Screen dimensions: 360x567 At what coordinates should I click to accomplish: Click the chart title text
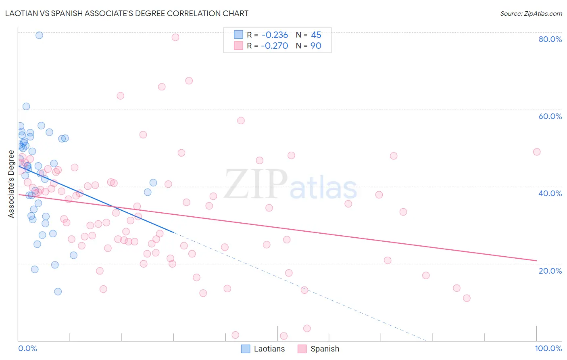(x=127, y=13)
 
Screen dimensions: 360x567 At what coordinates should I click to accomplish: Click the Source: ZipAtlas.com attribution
(x=531, y=13)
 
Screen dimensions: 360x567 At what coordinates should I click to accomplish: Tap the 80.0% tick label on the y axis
(x=550, y=39)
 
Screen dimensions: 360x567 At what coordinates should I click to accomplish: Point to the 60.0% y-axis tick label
(x=550, y=116)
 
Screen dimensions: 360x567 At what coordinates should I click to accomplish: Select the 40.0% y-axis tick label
(x=550, y=193)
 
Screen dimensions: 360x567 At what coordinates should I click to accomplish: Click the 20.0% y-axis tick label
(x=550, y=271)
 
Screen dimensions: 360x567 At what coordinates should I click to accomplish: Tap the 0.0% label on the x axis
(x=27, y=348)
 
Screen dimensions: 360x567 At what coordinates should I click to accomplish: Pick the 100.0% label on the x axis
(x=548, y=348)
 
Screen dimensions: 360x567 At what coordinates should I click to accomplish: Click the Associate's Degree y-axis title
(x=11, y=184)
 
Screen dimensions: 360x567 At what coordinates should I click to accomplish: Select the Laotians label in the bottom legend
(x=269, y=349)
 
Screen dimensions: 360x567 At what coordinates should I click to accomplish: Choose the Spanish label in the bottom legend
(x=325, y=349)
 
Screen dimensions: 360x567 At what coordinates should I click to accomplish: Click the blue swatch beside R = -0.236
(x=239, y=35)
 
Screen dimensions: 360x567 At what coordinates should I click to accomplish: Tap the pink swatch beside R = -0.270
(x=239, y=46)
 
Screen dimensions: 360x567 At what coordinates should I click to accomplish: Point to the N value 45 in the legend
(x=316, y=35)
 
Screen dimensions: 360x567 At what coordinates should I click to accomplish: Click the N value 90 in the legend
(x=316, y=46)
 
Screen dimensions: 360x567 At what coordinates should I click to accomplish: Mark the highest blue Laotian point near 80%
(x=39, y=35)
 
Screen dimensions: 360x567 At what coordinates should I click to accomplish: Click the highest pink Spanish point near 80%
(x=175, y=37)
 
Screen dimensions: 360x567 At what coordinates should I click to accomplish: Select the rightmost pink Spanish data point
(x=536, y=152)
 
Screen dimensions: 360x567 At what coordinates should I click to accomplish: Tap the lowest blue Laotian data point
(x=58, y=291)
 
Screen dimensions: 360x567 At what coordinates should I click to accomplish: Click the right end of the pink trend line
(x=536, y=260)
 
